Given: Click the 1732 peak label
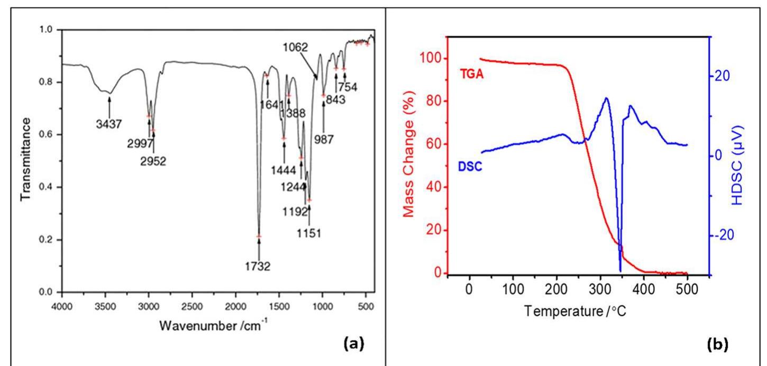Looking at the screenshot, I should pyautogui.click(x=259, y=267).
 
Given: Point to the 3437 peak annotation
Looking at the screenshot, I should pyautogui.click(x=109, y=125).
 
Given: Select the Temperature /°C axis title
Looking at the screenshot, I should pyautogui.click(x=575, y=310).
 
